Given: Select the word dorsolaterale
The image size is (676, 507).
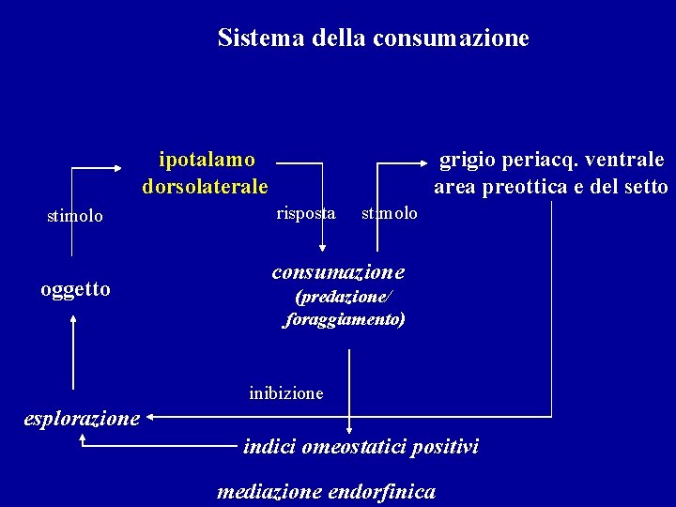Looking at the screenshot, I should pos(206,186).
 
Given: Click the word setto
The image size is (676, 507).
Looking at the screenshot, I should pos(645,186).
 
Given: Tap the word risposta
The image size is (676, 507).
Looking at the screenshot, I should pos(306,213).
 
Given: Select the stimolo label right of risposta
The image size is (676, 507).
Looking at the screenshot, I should pos(390,213).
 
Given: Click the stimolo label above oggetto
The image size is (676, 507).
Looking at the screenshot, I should pos(75,216).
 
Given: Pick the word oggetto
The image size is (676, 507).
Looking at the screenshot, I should pos(75,289).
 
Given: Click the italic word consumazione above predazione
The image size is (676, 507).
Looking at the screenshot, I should pos(339,272).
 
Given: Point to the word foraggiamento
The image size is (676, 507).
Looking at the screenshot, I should pos(345,320).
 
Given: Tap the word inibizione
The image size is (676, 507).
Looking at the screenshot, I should pos(286,392).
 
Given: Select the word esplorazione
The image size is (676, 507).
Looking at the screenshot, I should pos(82,418).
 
